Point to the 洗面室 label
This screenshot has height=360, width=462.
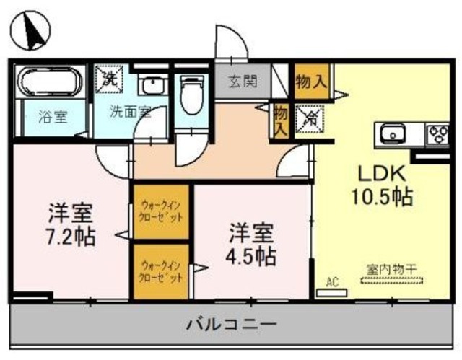click(130, 112)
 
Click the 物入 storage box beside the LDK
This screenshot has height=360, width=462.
click(310, 81)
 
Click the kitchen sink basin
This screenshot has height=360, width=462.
click(393, 133)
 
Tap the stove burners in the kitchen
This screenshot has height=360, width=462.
click(437, 133)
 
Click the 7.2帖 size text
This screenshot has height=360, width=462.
click(71, 234)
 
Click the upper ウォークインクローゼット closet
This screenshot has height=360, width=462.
click(160, 212)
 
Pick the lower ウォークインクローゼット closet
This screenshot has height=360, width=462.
click(160, 271)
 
